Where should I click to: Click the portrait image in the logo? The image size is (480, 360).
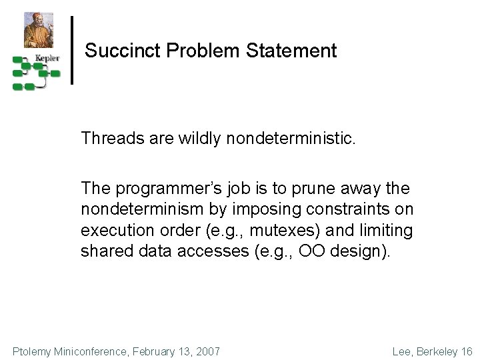(x=39, y=29)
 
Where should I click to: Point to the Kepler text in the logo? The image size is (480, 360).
(x=47, y=58)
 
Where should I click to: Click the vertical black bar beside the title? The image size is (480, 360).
(x=72, y=50)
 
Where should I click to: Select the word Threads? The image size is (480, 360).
(x=109, y=138)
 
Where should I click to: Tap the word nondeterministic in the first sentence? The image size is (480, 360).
(x=297, y=138)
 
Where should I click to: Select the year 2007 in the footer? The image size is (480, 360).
(x=207, y=351)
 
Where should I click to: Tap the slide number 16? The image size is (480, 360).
(x=466, y=351)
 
